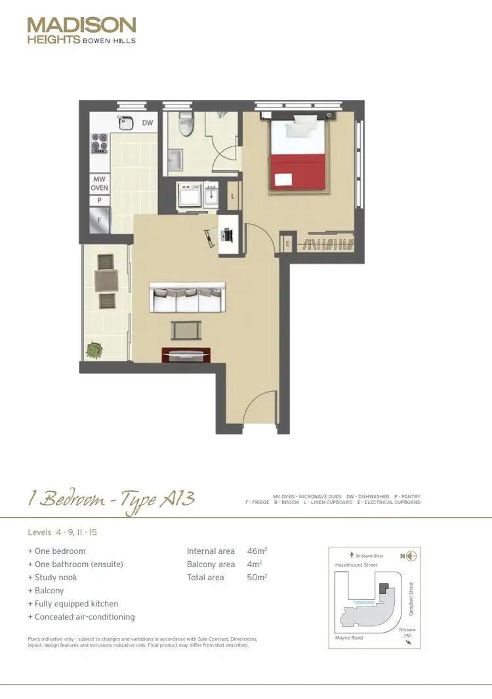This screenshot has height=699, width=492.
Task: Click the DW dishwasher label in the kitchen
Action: [148, 123]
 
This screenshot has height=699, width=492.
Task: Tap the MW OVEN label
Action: [100, 183]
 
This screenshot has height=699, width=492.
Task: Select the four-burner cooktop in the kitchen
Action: [100, 142]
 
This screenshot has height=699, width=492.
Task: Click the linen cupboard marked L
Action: [234, 195]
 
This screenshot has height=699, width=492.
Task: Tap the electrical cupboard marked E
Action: [287, 244]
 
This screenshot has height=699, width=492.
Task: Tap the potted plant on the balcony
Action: [96, 350]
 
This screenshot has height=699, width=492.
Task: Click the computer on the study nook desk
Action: [228, 234]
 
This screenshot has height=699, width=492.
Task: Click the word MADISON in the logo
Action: [81, 26]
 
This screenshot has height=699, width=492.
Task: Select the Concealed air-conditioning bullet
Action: [81, 617]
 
